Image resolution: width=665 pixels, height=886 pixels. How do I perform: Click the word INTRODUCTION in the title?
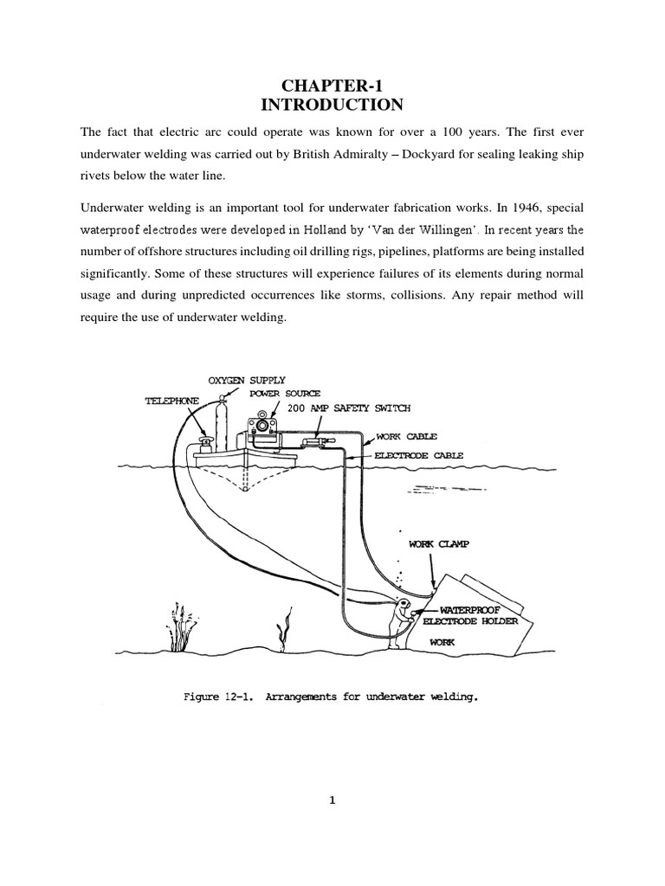coord(332,106)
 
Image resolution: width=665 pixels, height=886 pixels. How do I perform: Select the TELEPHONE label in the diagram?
coord(171,401)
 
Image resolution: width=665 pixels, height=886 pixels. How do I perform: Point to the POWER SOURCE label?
coord(285,394)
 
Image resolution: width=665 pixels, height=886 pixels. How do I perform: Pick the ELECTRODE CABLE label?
coord(419,454)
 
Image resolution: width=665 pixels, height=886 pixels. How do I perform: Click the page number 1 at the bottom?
coord(332,801)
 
